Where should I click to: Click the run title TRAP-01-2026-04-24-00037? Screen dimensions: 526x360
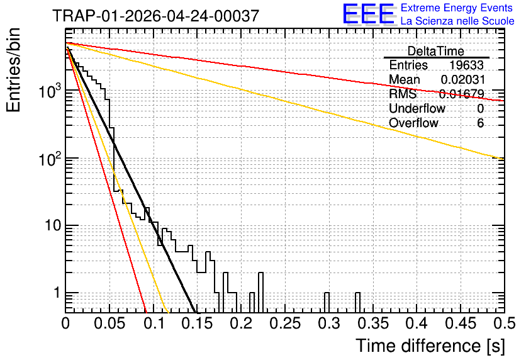[x=155, y=16]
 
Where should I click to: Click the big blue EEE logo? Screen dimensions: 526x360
[x=368, y=14]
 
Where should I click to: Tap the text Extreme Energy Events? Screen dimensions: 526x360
[x=456, y=8]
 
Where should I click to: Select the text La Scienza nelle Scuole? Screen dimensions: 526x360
[x=457, y=21]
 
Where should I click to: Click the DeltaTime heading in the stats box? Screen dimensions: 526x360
[x=435, y=51]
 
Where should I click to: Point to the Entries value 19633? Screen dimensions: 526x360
[x=466, y=65]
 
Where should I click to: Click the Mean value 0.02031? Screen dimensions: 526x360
[x=462, y=79]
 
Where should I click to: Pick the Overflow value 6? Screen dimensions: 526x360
[x=480, y=123]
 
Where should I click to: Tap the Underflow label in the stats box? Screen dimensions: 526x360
[x=417, y=108]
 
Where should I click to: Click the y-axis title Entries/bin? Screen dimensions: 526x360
[x=13, y=70]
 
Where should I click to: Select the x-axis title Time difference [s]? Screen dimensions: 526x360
[x=430, y=346]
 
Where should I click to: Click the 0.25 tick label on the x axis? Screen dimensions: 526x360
[x=285, y=323]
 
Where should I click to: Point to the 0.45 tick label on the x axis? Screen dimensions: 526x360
[x=461, y=323]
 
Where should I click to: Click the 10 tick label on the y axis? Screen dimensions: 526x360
[x=53, y=225]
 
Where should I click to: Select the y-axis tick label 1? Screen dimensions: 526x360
[x=57, y=293]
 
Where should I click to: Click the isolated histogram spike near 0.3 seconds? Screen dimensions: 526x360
[x=327, y=303]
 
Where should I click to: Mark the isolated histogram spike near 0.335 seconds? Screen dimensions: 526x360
[x=357, y=303]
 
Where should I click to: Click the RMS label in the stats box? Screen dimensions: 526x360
[x=402, y=94]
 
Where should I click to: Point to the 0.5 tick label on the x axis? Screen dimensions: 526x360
[x=504, y=323]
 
